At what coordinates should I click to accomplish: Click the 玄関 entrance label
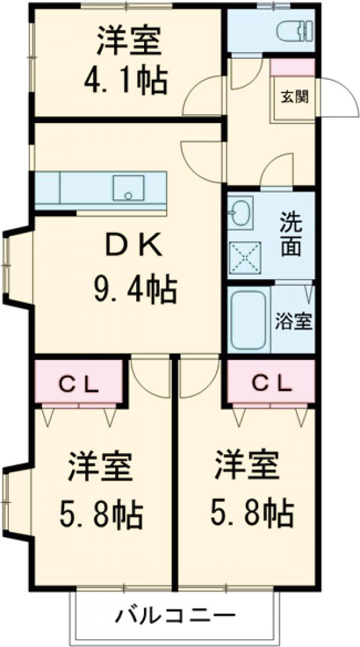point(293,96)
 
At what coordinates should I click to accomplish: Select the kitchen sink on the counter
point(128,188)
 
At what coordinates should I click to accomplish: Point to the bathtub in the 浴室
point(248,321)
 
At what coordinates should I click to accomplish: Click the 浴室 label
point(293,321)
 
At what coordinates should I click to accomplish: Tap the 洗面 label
point(291,235)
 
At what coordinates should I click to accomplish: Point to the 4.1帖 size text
point(127,80)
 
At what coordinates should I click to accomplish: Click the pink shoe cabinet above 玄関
point(292,67)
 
